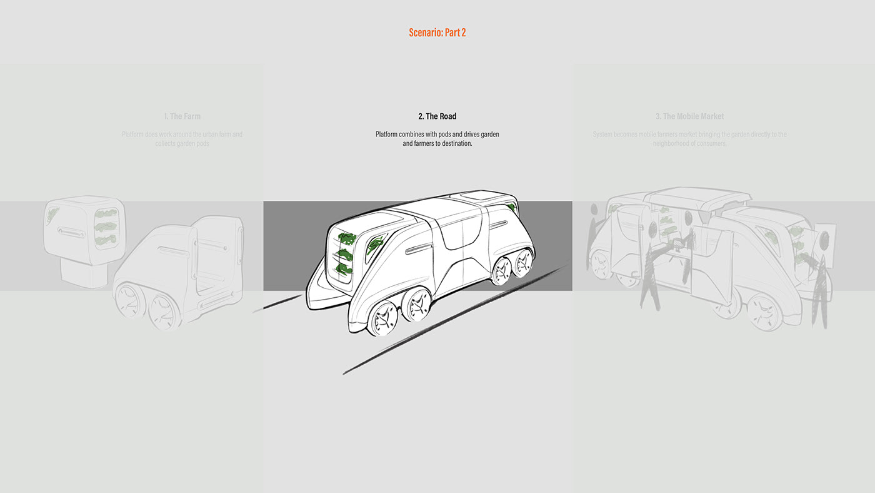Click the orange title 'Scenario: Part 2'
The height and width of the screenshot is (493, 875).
coord(437,33)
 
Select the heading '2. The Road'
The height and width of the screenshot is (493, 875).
coord(437,116)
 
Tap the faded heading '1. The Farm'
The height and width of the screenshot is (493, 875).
coord(182,116)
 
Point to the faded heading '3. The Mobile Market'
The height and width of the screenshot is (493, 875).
coord(689,116)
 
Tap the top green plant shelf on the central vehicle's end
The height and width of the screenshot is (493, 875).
coord(346,238)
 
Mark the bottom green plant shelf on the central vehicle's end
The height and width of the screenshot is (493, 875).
coord(344,269)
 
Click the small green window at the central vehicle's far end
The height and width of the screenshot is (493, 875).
coord(512,207)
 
